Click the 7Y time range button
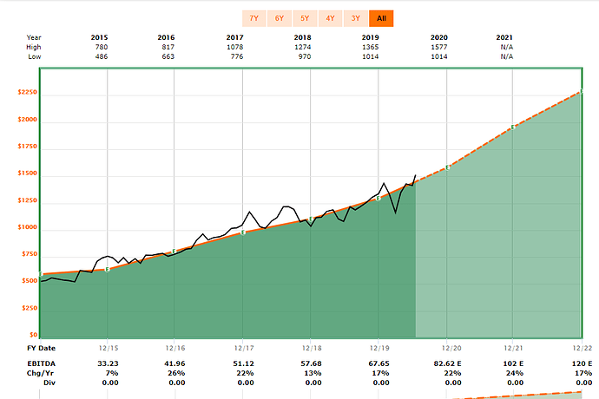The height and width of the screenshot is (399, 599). point(253,18)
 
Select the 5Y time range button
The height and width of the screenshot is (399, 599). point(305,18)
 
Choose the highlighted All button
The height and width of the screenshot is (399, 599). point(380,18)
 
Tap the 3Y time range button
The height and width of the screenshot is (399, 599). point(355,18)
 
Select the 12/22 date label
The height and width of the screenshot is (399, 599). point(581,347)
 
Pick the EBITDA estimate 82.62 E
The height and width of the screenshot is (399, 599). point(445,363)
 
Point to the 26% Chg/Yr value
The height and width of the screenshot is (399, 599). point(174,373)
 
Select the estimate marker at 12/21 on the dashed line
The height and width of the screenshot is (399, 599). point(513,128)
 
